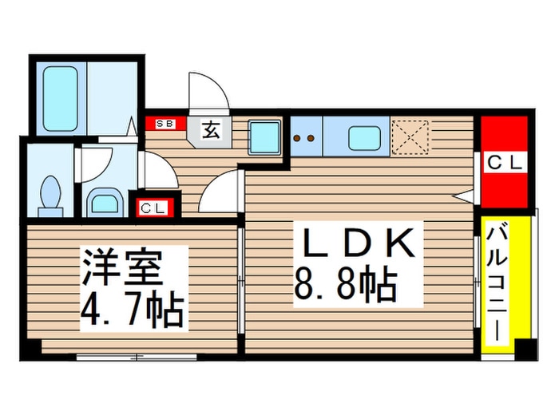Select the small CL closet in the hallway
click(154, 208)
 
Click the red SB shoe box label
click(165, 124)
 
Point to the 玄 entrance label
click(209, 130)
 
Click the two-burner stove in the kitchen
click(304, 136)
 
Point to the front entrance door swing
click(206, 90)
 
